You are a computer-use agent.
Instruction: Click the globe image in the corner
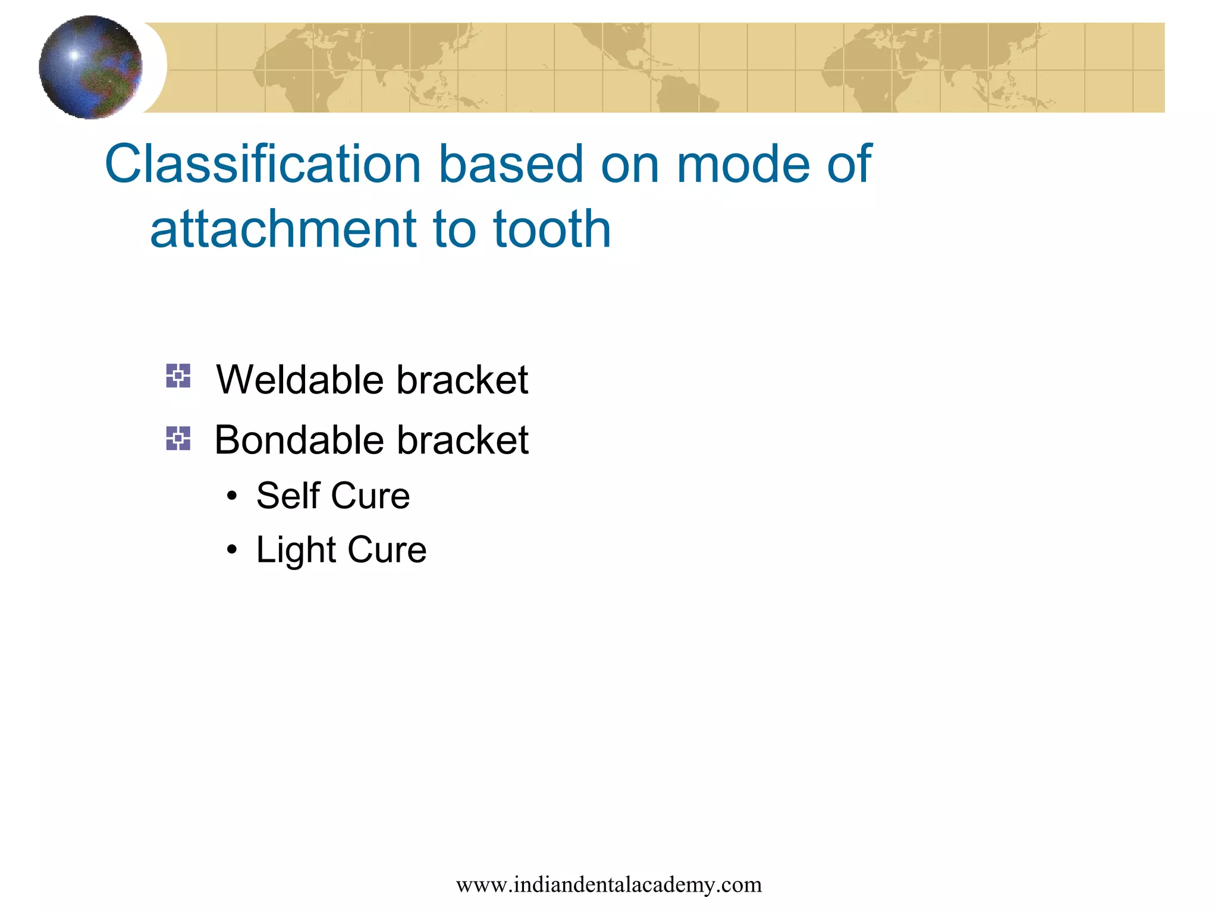[x=91, y=67]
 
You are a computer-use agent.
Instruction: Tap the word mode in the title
[x=743, y=165]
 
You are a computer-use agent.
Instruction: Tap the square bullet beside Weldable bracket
[x=178, y=376]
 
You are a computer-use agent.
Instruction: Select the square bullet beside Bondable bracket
[x=178, y=438]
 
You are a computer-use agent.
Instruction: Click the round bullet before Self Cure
[x=232, y=496]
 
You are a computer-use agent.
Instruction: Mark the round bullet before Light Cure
[x=232, y=550]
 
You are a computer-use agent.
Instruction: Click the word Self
[x=288, y=496]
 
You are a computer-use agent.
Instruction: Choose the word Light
[x=297, y=550]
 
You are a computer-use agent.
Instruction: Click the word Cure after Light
[x=387, y=550]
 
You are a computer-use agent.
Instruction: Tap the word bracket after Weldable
[x=462, y=380]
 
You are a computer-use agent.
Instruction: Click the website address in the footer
[x=608, y=884]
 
